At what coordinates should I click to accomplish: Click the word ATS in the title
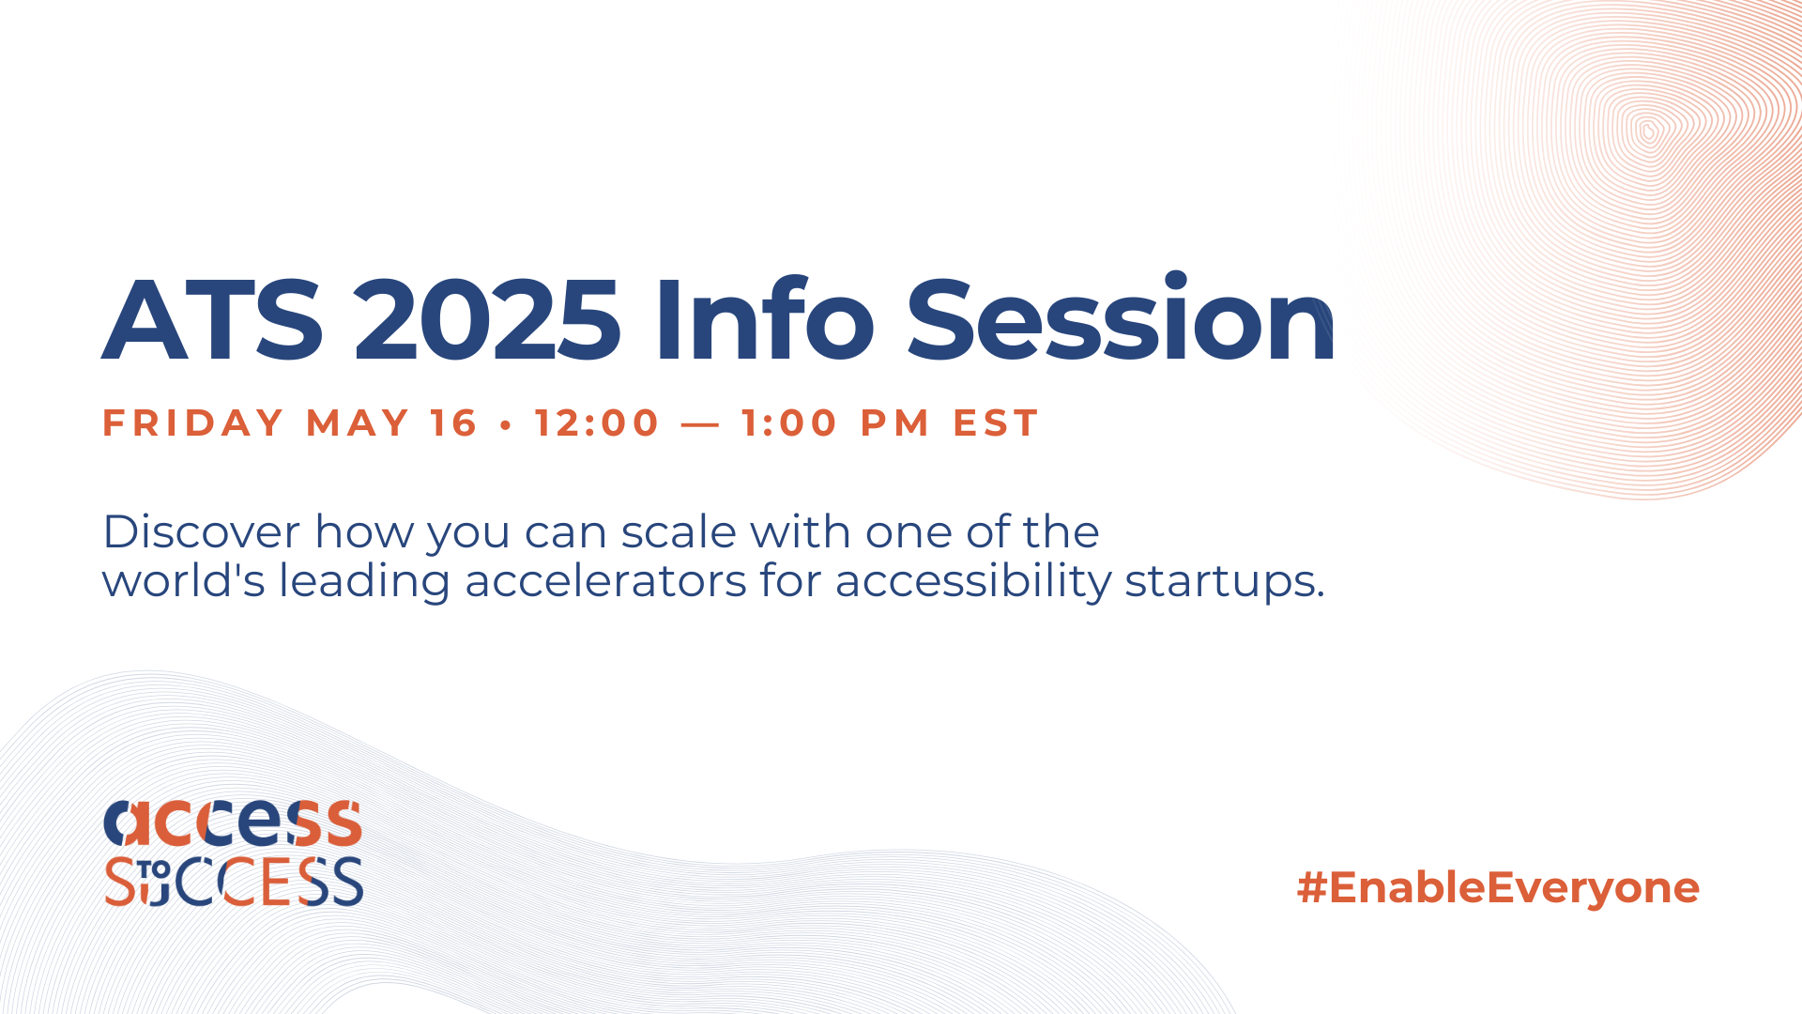(213, 320)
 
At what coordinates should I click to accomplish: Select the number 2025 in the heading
(487, 320)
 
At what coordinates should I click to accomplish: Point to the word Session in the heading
(1121, 317)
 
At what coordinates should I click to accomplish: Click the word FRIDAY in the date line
(192, 423)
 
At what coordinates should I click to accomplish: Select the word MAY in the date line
(358, 423)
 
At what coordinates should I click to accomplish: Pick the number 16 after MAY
(454, 423)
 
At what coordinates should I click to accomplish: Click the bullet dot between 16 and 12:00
(507, 425)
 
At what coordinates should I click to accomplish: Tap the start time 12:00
(597, 423)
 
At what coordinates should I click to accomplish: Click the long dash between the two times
(700, 425)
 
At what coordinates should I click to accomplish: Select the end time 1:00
(789, 423)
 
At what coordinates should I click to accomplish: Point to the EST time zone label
(996, 423)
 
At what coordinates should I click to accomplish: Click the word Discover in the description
(202, 532)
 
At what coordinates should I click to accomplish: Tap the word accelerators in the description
(606, 581)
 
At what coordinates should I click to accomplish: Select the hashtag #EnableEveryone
(1498, 888)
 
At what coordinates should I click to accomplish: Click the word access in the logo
(233, 822)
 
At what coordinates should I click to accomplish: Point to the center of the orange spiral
(1648, 130)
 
